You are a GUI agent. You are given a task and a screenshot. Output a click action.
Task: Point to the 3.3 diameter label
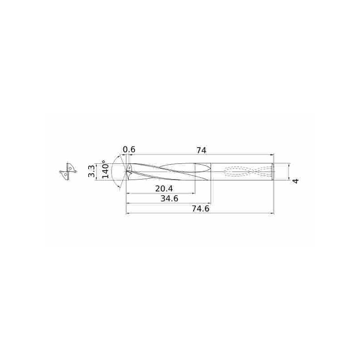point(91,171)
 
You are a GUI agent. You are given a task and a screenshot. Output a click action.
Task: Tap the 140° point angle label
point(105,170)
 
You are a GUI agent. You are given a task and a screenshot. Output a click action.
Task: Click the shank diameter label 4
point(296,181)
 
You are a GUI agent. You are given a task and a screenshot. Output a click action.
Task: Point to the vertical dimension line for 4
point(288,171)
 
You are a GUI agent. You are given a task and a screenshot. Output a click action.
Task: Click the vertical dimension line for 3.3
point(97,171)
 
